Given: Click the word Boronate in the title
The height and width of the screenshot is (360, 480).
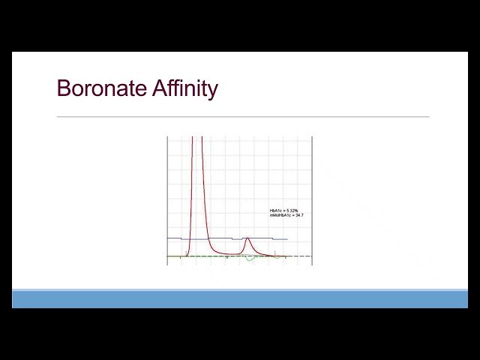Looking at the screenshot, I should point(102,88).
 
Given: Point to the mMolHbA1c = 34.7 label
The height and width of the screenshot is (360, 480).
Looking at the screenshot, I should point(286,215).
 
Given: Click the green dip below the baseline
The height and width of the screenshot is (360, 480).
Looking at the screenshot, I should point(250,259).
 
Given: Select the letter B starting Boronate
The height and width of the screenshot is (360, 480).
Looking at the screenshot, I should point(64,88).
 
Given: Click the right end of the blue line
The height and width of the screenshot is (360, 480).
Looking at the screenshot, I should point(287,239).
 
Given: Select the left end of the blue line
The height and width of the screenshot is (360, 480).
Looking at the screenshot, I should point(167,238).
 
